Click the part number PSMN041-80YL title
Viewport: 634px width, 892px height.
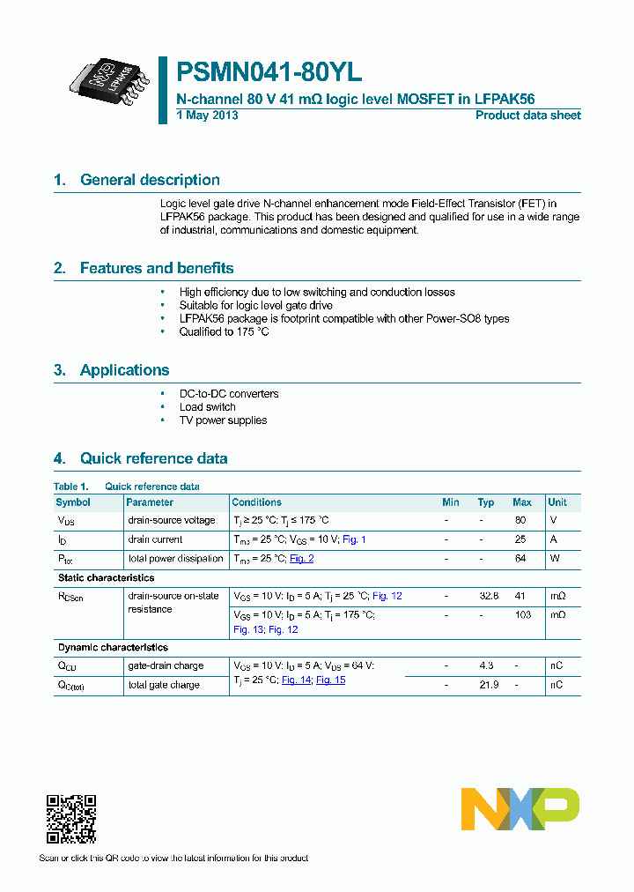point(269,72)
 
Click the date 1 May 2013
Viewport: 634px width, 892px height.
point(207,115)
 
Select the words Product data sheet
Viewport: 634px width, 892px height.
point(527,115)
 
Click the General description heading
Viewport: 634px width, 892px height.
point(150,180)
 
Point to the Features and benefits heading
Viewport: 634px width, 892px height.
point(157,268)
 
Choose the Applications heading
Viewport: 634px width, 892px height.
point(124,370)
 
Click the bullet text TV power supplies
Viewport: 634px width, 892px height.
point(223,420)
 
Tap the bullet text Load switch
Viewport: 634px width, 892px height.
point(208,407)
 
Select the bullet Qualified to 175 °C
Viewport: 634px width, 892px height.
point(224,332)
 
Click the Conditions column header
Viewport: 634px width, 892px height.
point(256,502)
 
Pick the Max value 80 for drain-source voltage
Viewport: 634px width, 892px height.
point(520,520)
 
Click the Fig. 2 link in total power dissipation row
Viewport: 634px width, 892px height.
point(301,559)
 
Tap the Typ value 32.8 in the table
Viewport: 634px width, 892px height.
point(489,596)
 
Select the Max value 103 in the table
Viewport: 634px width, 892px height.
point(522,614)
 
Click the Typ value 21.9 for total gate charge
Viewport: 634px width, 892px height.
point(487,685)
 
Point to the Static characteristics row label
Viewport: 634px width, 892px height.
point(106,578)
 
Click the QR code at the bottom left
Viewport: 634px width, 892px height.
point(71,819)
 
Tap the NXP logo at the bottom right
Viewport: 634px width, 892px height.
point(520,808)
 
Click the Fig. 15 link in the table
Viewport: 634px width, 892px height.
point(330,680)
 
